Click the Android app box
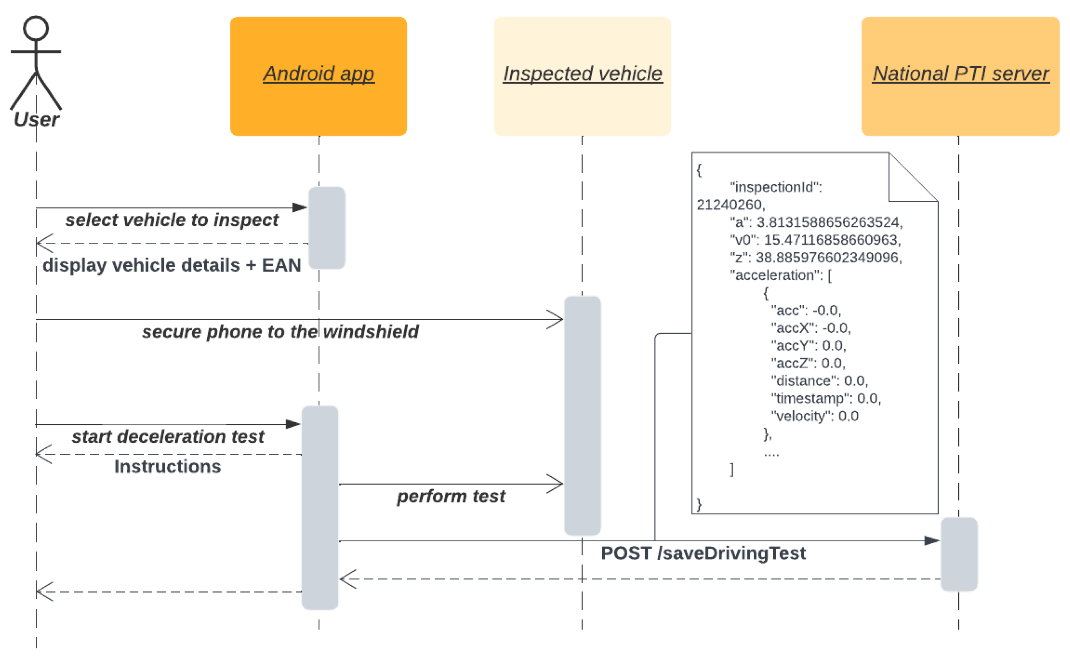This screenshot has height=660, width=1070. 318,76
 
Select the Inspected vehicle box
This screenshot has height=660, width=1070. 582,76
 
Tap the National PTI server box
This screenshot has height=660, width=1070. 960,76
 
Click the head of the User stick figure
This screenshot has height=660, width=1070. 36,29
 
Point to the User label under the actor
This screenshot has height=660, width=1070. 36,119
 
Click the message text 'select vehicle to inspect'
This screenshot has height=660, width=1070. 171,220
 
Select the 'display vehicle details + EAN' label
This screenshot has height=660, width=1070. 171,265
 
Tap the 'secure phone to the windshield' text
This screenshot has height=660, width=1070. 280,332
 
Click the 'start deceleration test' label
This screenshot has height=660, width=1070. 168,437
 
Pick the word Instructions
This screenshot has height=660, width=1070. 168,467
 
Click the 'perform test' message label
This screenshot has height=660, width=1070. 451,496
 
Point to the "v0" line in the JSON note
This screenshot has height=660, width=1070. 815,240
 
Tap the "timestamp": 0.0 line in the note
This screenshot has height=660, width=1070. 826,398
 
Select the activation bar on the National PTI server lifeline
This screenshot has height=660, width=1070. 959,554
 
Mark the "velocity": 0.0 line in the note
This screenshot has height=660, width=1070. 815,416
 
